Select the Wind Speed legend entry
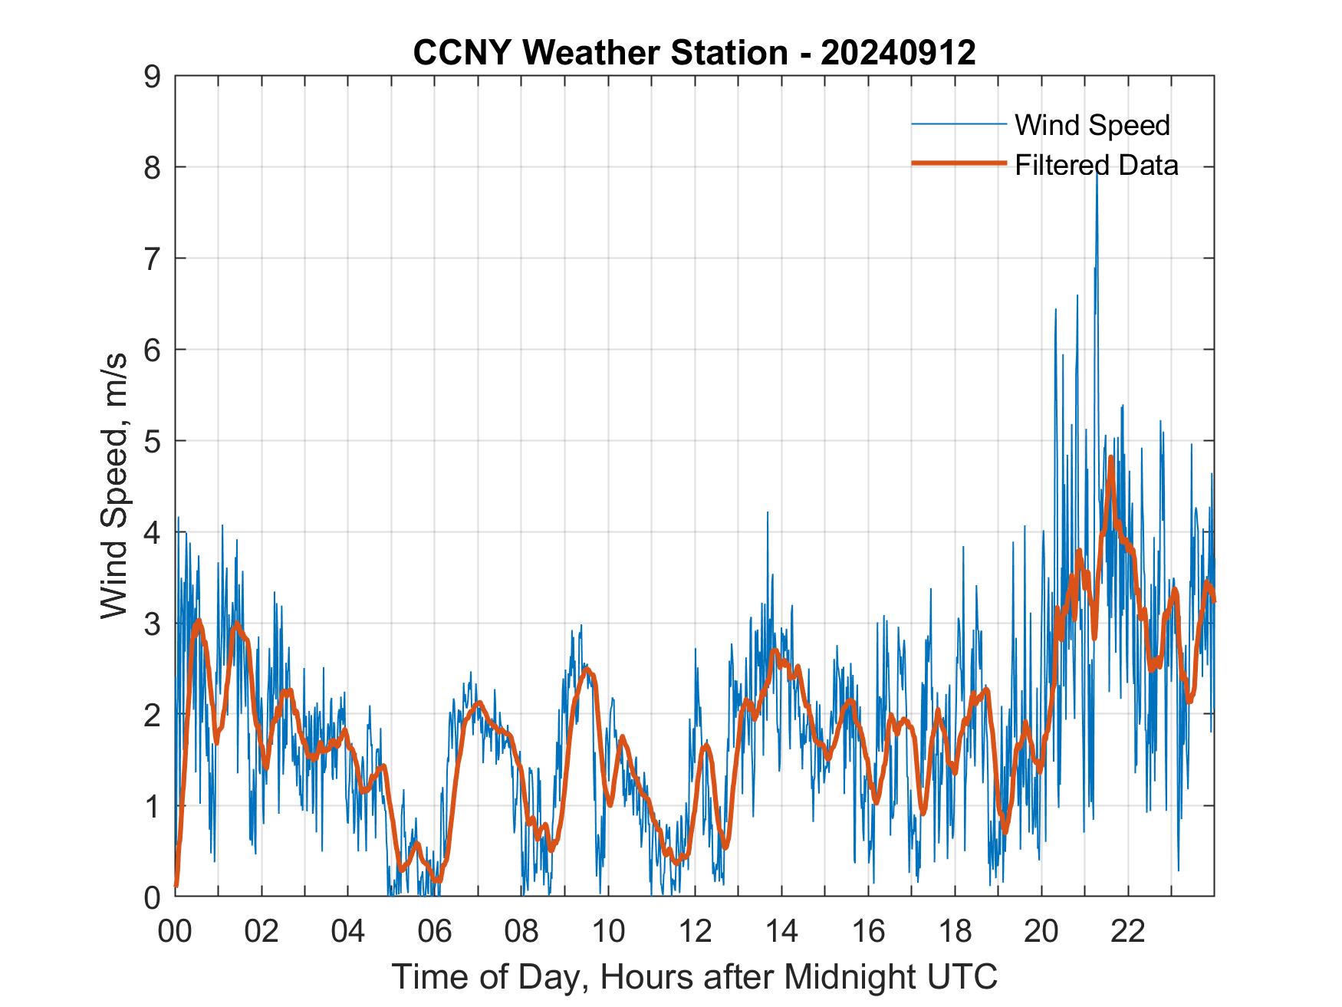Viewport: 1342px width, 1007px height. click(x=1092, y=125)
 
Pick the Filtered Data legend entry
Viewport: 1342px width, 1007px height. click(x=1096, y=165)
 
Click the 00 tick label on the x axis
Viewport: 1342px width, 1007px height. click(x=176, y=931)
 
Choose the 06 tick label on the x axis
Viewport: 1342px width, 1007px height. click(x=435, y=931)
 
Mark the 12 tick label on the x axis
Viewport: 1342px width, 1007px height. click(x=695, y=931)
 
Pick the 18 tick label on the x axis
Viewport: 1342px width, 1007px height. click(x=955, y=931)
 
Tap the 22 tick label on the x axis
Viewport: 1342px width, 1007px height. click(x=1128, y=931)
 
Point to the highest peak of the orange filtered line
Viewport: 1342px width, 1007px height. click(x=1110, y=459)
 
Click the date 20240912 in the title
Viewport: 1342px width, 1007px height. click(x=898, y=53)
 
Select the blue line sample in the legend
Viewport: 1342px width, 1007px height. click(x=958, y=124)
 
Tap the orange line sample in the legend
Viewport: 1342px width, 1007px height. click(x=958, y=163)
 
